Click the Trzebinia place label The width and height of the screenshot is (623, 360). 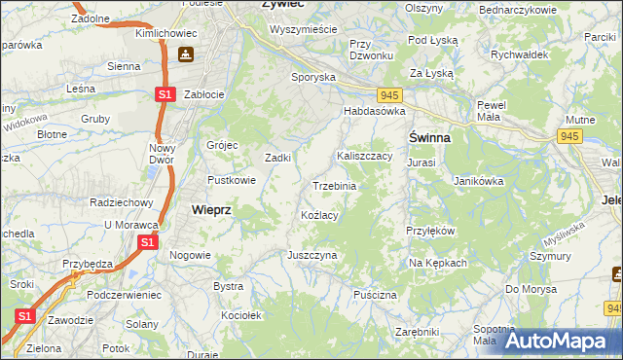[334, 186]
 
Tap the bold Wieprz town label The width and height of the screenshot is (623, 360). [211, 209]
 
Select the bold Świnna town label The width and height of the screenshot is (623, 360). [428, 137]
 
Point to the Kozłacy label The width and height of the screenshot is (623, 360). [319, 215]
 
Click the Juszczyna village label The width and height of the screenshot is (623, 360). [311, 254]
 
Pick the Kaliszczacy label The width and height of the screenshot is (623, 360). [364, 156]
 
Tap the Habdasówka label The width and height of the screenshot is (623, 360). [373, 112]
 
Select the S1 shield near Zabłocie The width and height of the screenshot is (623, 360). [165, 94]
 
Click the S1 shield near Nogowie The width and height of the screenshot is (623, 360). [146, 240]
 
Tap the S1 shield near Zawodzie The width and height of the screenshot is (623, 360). [26, 316]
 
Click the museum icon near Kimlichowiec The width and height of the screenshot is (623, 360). [185, 55]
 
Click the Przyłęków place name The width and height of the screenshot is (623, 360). [430, 231]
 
